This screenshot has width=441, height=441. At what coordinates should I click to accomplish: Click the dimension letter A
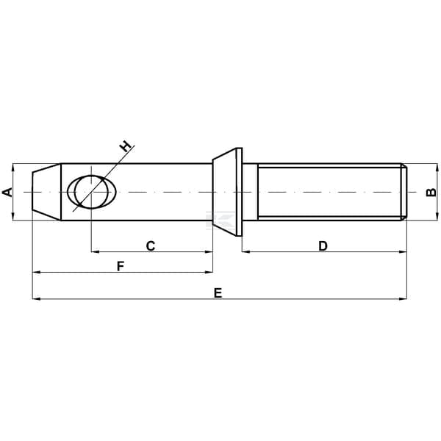(7, 192)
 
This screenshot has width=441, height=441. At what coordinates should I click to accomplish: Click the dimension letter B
(431, 193)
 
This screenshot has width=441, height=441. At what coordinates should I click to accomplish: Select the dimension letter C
(151, 245)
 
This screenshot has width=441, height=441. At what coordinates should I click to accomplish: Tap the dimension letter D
(323, 245)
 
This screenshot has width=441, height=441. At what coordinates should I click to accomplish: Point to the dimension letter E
(218, 293)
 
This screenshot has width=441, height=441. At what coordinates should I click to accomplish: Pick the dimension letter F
(121, 266)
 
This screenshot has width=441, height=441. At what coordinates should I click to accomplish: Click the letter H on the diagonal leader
(125, 146)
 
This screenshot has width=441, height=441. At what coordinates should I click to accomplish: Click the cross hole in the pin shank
(91, 192)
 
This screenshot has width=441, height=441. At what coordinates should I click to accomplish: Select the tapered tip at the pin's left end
(46, 192)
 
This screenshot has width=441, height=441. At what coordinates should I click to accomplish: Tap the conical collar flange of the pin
(227, 192)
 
